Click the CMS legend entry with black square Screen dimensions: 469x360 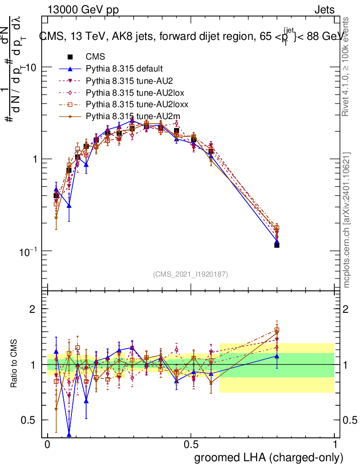point(95,57)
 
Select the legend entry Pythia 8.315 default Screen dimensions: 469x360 point(124,69)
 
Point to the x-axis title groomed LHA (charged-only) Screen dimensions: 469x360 point(269,458)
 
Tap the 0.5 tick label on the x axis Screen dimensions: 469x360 point(191,445)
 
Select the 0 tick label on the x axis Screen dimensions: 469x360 point(48,445)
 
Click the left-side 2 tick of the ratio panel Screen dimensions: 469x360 point(33,309)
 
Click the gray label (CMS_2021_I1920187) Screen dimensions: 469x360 point(191,274)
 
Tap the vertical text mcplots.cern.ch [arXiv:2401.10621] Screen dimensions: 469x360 point(347,220)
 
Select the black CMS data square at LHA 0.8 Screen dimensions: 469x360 point(277,245)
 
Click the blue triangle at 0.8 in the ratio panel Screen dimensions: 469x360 point(277,356)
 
